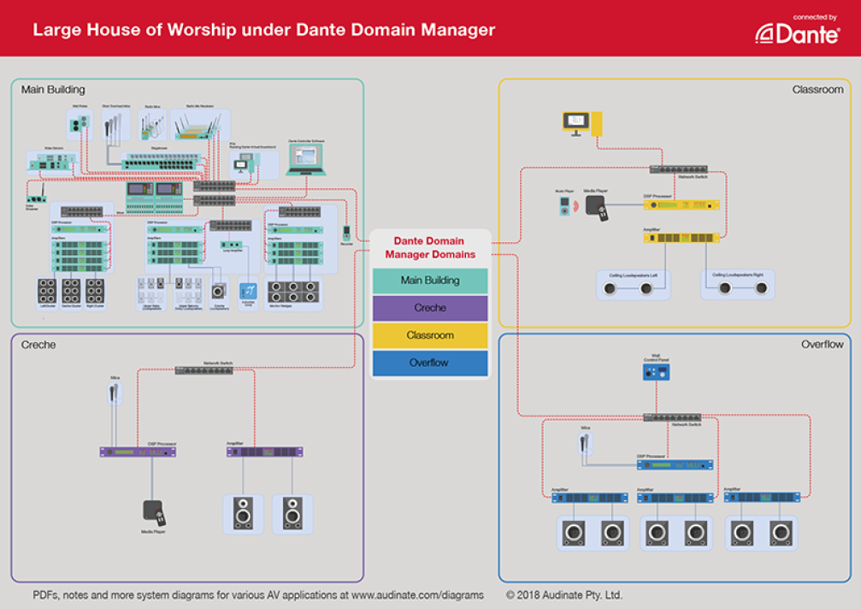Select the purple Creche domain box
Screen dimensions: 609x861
click(430, 308)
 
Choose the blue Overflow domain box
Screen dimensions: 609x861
click(430, 363)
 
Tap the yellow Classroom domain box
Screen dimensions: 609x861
click(430, 335)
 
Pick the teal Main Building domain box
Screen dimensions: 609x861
click(430, 281)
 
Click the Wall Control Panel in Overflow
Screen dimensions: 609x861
click(657, 372)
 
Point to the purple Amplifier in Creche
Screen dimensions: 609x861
click(264, 452)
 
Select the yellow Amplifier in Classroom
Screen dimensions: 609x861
click(681, 237)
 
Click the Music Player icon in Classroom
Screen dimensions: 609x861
click(563, 206)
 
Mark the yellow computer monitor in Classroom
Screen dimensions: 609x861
click(575, 121)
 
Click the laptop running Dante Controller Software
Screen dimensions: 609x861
click(306, 157)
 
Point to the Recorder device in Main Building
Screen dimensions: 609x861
click(346, 233)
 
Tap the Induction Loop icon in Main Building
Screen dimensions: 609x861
click(249, 291)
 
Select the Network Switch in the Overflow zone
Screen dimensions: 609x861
click(670, 417)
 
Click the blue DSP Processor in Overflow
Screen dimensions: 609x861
click(675, 464)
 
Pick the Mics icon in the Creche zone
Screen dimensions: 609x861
click(115, 393)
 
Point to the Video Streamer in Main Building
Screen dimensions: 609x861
click(32, 199)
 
